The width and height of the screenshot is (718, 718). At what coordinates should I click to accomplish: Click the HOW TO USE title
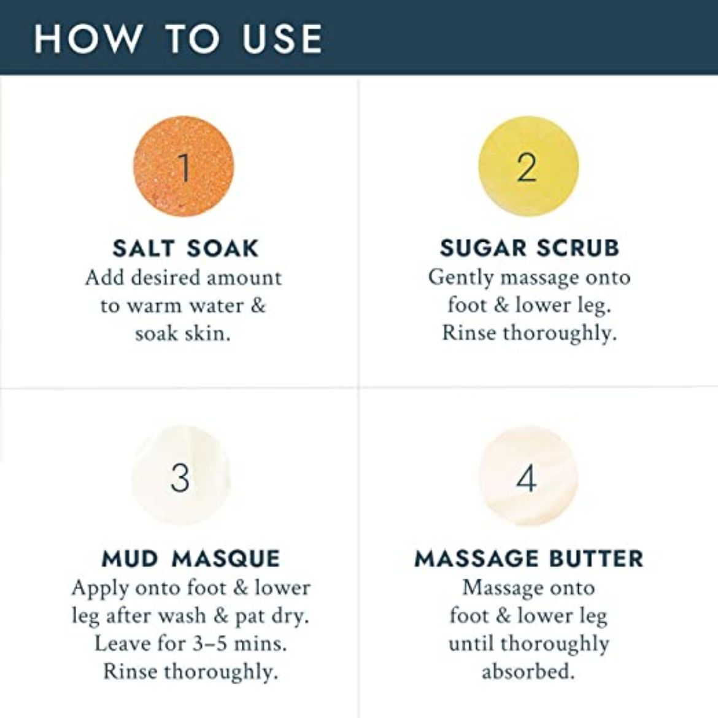pyautogui.click(x=178, y=39)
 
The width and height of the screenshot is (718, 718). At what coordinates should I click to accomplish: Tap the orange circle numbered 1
pyautogui.click(x=183, y=166)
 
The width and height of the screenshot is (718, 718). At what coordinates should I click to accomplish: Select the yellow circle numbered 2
pyautogui.click(x=528, y=166)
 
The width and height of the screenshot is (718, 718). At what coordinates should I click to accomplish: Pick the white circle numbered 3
pyautogui.click(x=181, y=476)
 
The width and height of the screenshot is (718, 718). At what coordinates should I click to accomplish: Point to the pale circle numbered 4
pyautogui.click(x=528, y=476)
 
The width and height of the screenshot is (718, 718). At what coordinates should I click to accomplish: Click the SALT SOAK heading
pyautogui.click(x=185, y=249)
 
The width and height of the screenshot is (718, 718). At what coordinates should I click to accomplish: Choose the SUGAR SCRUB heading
pyautogui.click(x=530, y=248)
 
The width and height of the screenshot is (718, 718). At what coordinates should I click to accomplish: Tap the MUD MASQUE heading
pyautogui.click(x=190, y=559)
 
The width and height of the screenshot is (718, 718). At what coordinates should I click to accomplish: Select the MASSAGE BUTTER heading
pyautogui.click(x=529, y=559)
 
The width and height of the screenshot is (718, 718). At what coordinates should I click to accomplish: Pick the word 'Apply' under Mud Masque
pyautogui.click(x=100, y=589)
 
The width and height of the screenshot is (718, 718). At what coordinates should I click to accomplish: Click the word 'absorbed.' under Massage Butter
pyautogui.click(x=528, y=672)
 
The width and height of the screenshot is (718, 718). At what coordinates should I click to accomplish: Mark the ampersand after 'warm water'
pyautogui.click(x=257, y=306)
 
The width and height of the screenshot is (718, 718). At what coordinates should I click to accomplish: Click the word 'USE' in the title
pyautogui.click(x=282, y=39)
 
